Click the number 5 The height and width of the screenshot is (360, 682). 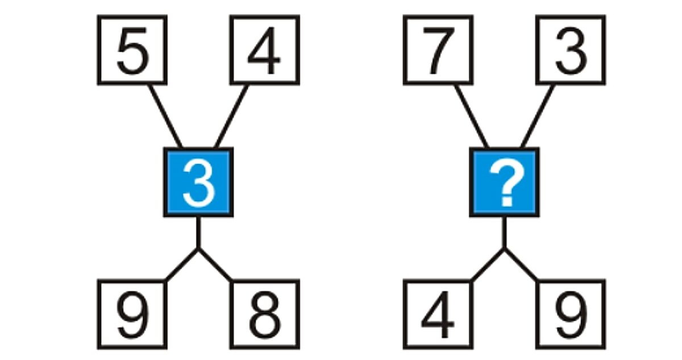[x=132, y=51]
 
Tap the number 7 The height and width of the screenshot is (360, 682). [x=438, y=51]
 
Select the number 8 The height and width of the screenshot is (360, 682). [x=264, y=315]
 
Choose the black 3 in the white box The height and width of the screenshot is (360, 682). [x=571, y=51]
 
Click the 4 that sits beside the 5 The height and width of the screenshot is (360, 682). [x=264, y=51]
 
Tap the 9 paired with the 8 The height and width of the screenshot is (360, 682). [x=133, y=315]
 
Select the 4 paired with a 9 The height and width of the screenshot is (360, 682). [x=438, y=315]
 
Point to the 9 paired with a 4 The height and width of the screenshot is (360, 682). [x=571, y=315]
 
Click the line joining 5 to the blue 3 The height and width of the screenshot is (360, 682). [x=165, y=116]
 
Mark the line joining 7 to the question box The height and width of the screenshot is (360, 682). [x=471, y=116]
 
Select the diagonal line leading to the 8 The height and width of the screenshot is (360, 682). [x=215, y=264]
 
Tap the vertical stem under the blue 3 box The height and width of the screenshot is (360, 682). [x=198, y=232]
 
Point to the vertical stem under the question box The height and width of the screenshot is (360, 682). [x=505, y=232]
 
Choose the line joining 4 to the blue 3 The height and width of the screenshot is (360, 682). [x=231, y=116]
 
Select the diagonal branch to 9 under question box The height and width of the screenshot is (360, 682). [x=521, y=264]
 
